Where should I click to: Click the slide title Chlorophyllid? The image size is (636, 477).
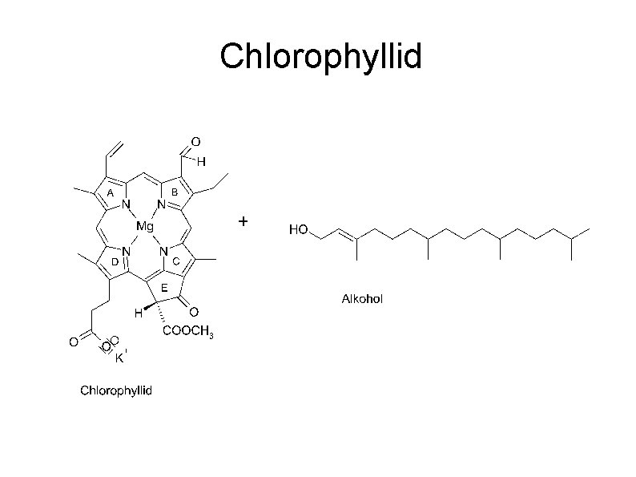pyautogui.click(x=320, y=57)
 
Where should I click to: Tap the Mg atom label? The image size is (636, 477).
pyautogui.click(x=144, y=227)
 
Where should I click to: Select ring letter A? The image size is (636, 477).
pyautogui.click(x=111, y=193)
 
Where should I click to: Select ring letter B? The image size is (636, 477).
pyautogui.click(x=174, y=192)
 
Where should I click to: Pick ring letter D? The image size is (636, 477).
pyautogui.click(x=115, y=261)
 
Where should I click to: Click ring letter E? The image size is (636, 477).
pyautogui.click(x=163, y=287)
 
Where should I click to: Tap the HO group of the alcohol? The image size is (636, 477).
pyautogui.click(x=298, y=230)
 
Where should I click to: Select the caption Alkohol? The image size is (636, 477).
pyautogui.click(x=362, y=299)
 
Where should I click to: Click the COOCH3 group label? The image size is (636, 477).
pyautogui.click(x=188, y=333)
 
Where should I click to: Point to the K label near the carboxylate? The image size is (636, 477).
pyautogui.click(x=119, y=358)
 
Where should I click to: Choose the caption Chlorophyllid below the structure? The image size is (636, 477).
pyautogui.click(x=115, y=391)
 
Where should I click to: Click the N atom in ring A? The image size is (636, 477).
pyautogui.click(x=127, y=205)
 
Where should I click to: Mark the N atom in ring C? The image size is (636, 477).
pyautogui.click(x=163, y=251)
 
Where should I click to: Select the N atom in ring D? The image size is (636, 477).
pyautogui.click(x=127, y=251)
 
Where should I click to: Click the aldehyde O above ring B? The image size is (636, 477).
pyautogui.click(x=195, y=143)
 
